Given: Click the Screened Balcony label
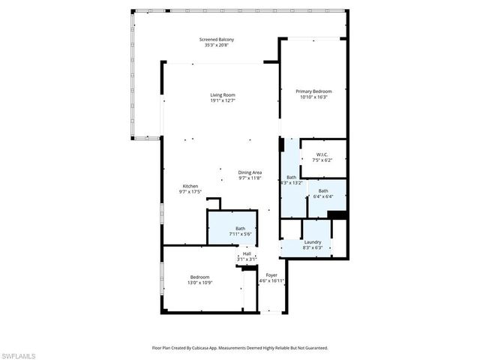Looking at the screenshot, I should point(217,39).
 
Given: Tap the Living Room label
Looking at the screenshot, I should point(223,94).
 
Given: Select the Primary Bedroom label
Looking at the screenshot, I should point(313,91).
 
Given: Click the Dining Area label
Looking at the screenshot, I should point(250,172).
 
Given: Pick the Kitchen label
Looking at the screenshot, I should point(190,186).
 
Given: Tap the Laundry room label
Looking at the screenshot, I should point(313,241).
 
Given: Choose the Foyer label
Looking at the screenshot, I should point(271,275).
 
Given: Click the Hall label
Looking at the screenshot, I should point(247,253).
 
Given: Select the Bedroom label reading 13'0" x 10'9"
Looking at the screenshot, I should point(199,277).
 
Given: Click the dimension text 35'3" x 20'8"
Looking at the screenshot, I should point(217,45).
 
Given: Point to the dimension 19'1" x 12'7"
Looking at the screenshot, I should point(223,100).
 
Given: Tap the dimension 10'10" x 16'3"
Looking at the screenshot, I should point(313,97).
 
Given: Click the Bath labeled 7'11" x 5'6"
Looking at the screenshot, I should point(241,229).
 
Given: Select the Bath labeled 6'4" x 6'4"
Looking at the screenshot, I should point(323,191).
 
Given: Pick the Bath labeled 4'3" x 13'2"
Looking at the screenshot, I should point(291,178).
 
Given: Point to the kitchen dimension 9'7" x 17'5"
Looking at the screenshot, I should point(190,192).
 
